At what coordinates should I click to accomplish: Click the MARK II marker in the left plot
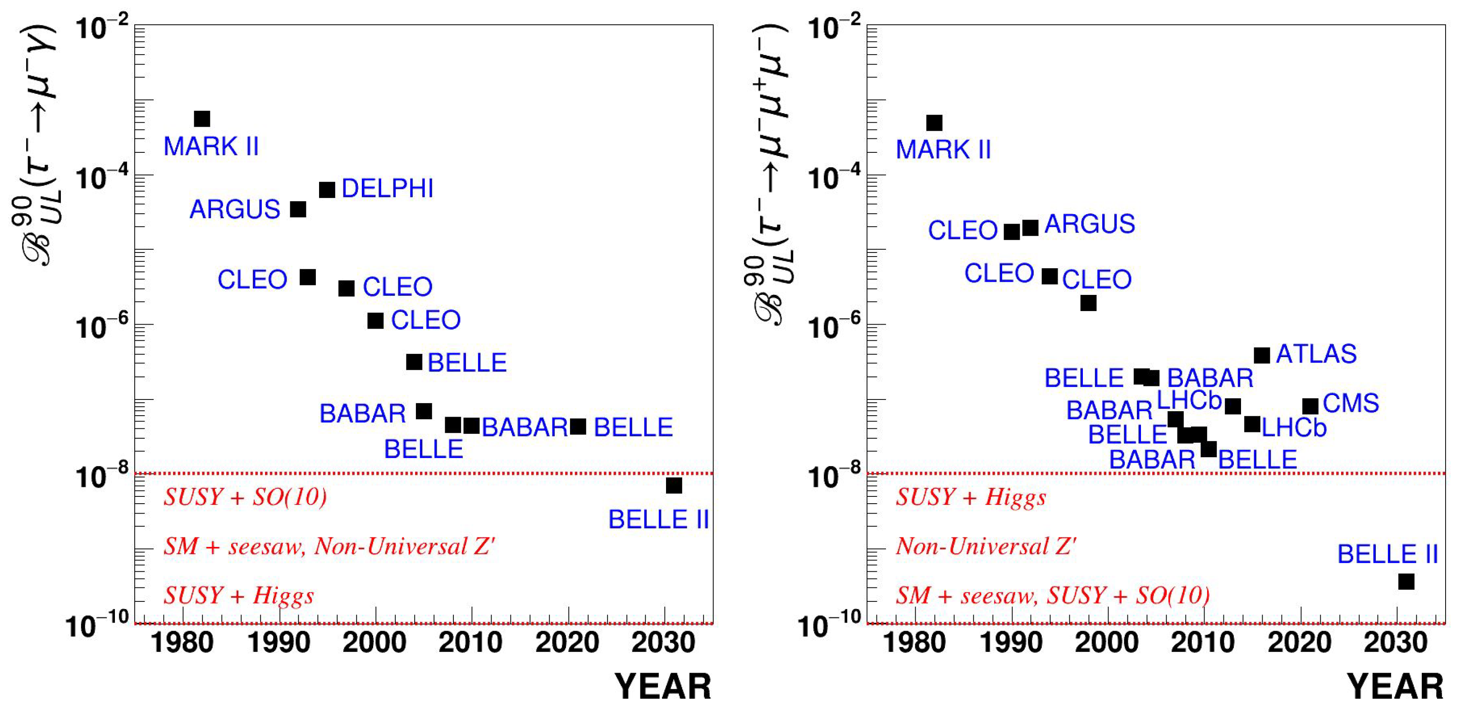pos(202,119)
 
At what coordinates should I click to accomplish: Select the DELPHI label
pos(388,189)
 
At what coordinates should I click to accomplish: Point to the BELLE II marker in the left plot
pos(674,486)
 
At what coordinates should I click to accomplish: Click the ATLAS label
pos(1316,354)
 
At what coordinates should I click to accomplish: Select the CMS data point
pos(1310,407)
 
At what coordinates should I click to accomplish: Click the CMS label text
pos(1351,403)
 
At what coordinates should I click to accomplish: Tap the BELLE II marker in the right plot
pos(1406,582)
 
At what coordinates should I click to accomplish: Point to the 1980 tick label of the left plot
pos(182,642)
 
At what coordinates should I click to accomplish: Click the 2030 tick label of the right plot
pos(1396,642)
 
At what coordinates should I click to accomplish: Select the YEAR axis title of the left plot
pos(662,687)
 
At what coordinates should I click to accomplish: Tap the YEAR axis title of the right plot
pos(1395,687)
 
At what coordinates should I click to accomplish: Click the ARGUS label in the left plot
pos(235,210)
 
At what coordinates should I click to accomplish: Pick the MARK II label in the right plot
pos(943,150)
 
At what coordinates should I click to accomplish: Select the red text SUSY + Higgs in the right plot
pos(971,496)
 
